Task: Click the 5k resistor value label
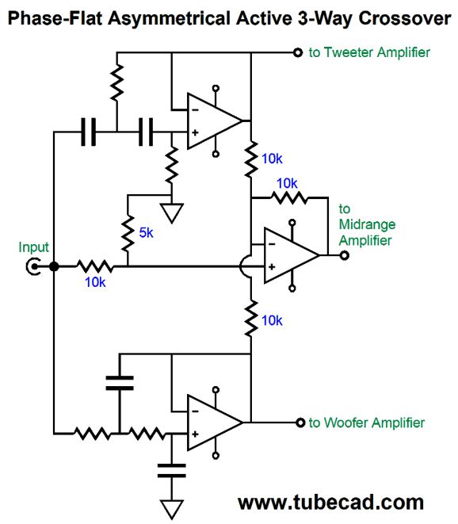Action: click(146, 232)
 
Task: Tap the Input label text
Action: click(33, 247)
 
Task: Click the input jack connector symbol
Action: click(33, 266)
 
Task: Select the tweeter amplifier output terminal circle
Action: click(298, 52)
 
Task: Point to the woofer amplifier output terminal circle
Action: click(300, 423)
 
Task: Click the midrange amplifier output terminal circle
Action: click(345, 255)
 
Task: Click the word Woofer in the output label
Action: click(346, 423)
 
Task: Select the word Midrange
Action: click(367, 224)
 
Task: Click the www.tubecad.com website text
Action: click(330, 503)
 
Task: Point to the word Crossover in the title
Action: click(405, 18)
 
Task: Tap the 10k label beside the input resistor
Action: click(95, 282)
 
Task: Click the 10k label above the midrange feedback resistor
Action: click(287, 183)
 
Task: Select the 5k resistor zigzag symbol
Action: click(128, 234)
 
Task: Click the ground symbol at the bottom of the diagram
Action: click(172, 509)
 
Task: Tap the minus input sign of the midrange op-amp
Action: click(272, 244)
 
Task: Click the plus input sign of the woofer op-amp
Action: click(195, 434)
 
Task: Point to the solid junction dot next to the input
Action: click(54, 266)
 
